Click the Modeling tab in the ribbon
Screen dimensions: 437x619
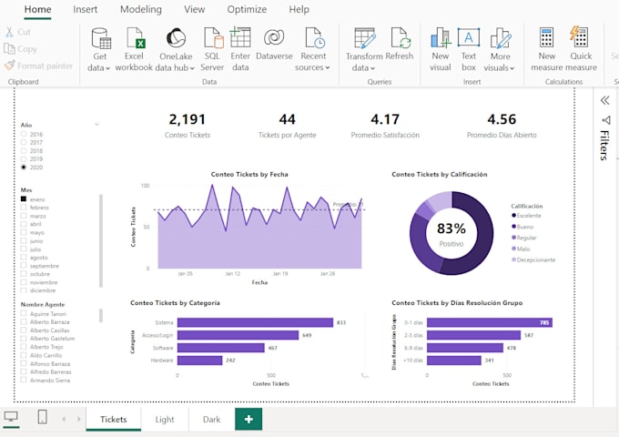pos(140,9)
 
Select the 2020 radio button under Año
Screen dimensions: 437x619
pos(24,168)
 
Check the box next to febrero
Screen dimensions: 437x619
pos(24,208)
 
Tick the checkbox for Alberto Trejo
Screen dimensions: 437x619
pos(24,347)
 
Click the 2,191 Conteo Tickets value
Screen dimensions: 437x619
pos(188,119)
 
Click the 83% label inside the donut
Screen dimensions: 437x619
pos(451,229)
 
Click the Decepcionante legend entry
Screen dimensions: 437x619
pos(535,259)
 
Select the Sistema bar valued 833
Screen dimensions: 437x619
pos(255,322)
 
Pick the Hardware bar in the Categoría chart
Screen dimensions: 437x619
pos(199,360)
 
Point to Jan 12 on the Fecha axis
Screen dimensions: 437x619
pos(232,273)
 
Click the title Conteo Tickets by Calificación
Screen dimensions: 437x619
pos(439,174)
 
